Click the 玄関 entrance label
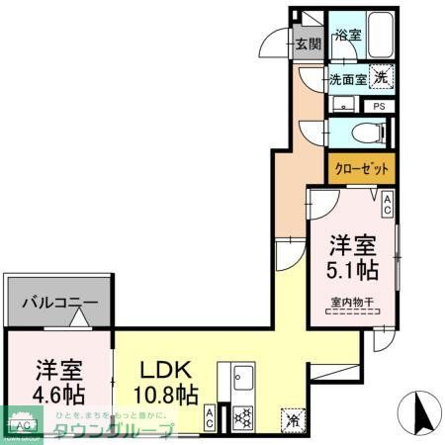(309, 44)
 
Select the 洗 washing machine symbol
(382, 75)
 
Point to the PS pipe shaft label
(378, 106)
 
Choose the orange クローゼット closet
(361, 168)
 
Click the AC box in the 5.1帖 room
(387, 205)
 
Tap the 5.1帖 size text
(352, 268)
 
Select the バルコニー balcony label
(60, 304)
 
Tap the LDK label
(160, 373)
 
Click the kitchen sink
(243, 382)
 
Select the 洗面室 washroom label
(348, 76)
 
